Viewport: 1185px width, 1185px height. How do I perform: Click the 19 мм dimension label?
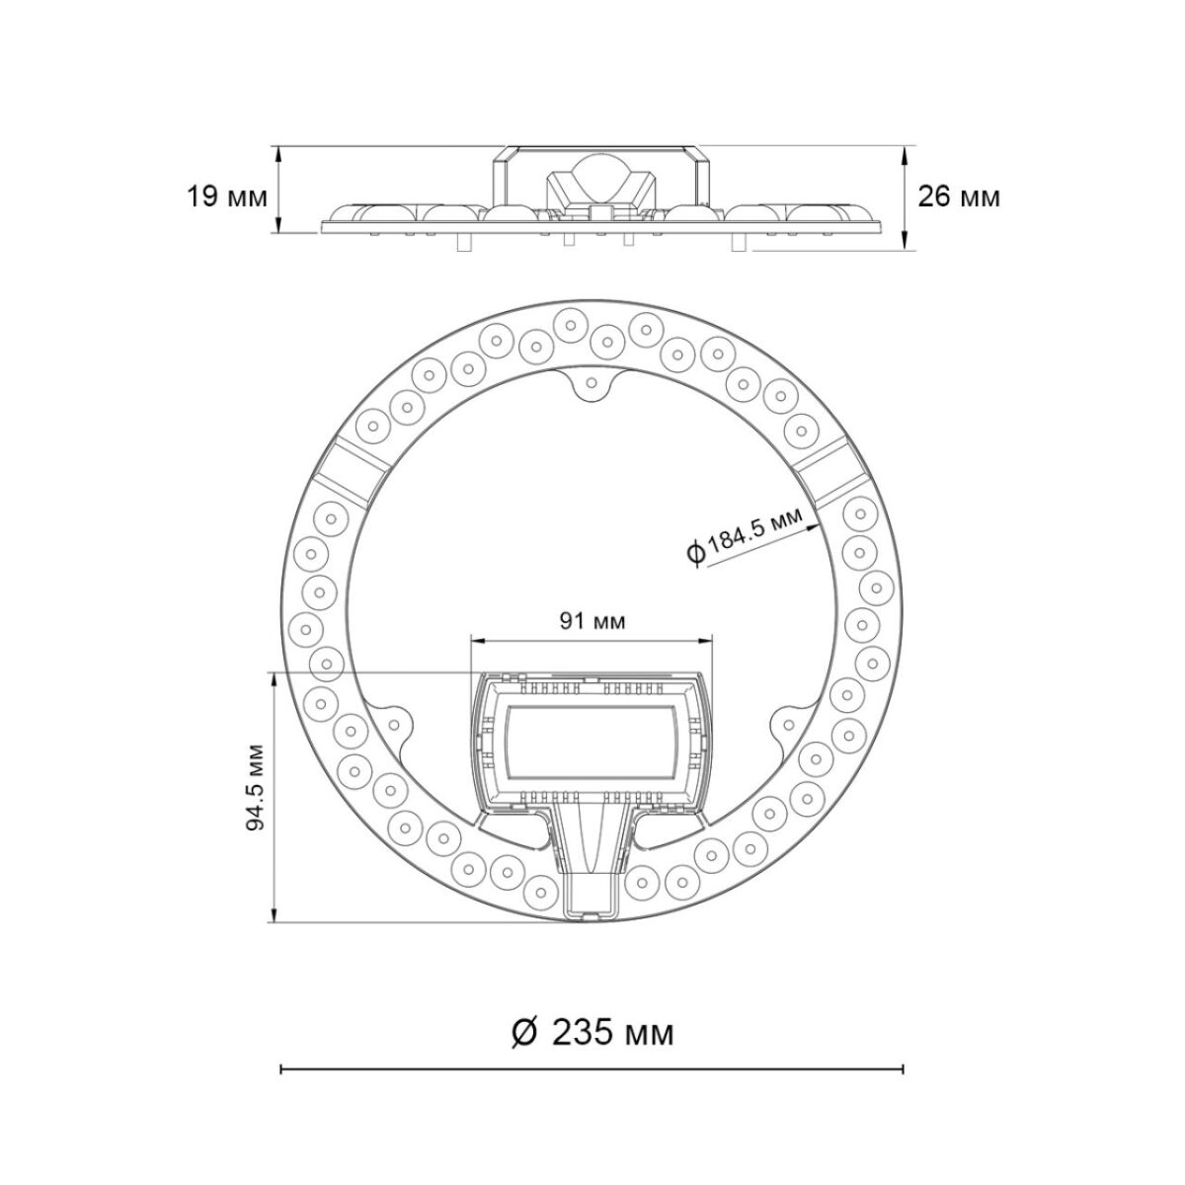point(227,197)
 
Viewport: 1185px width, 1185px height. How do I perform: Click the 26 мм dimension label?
point(958,197)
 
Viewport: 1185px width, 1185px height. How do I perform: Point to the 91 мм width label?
point(592,621)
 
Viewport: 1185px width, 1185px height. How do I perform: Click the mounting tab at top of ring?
point(592,382)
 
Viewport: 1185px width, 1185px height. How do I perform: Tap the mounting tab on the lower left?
point(393,724)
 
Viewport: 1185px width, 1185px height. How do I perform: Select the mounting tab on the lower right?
point(790,724)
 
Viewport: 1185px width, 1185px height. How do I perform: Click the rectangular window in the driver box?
point(591,749)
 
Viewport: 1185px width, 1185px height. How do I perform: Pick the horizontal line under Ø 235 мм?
point(592,1068)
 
